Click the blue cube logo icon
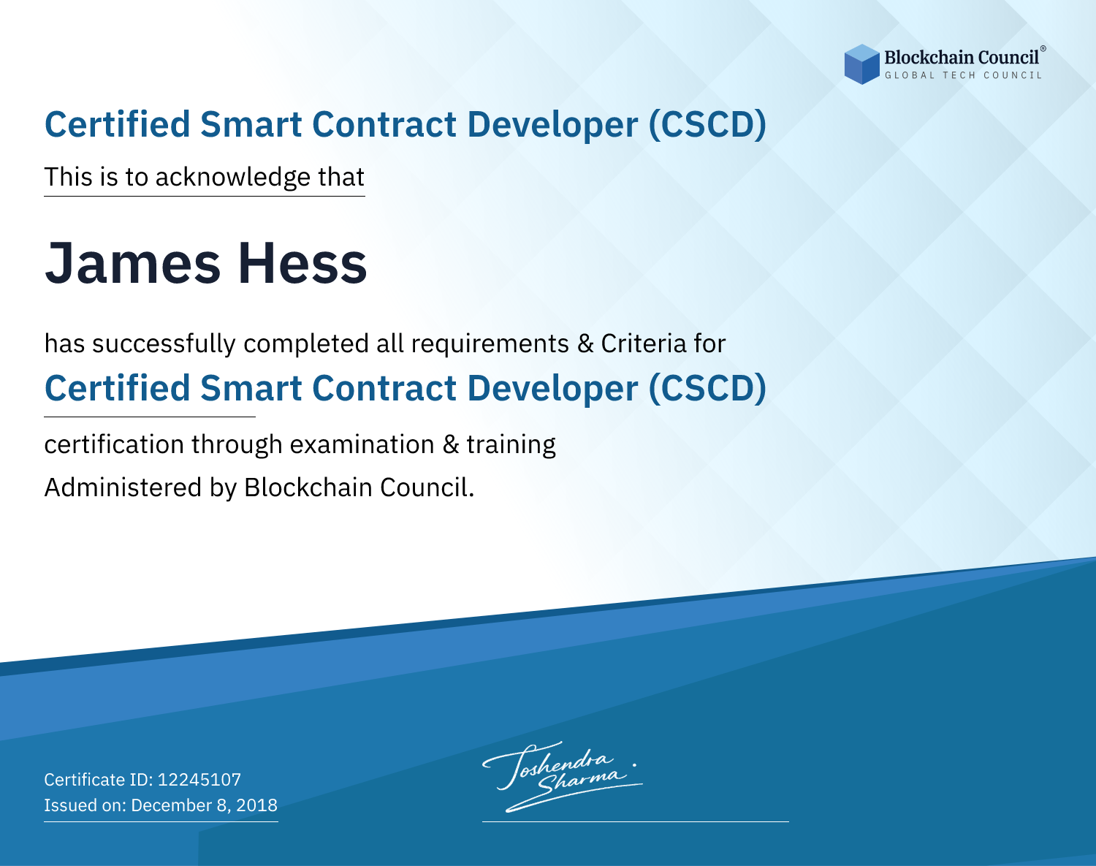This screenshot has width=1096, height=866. (861, 64)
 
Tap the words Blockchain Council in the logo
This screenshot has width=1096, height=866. (962, 58)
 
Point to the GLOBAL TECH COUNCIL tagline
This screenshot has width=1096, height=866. (964, 75)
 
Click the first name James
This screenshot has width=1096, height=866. (132, 263)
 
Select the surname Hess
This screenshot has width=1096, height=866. (302, 263)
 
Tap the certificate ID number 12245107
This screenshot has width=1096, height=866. (199, 779)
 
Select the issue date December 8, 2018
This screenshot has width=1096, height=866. (205, 805)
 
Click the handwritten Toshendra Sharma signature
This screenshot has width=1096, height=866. (563, 776)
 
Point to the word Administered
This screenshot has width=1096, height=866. (123, 487)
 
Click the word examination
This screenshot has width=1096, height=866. (362, 444)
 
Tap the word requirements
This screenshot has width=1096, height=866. (490, 343)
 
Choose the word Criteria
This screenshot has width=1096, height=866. (644, 343)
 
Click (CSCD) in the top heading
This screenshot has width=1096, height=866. (707, 124)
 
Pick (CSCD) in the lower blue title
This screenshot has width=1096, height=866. (707, 388)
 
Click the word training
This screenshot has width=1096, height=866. (511, 445)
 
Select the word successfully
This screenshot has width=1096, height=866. (164, 344)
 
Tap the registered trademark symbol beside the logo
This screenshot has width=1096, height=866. (1043, 49)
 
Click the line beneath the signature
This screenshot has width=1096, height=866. (636, 821)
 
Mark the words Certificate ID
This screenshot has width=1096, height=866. (99, 779)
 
